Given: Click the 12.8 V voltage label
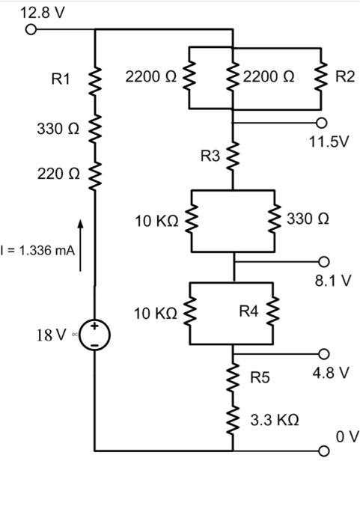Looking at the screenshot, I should pos(43,13).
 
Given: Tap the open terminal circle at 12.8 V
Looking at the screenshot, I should pos(31,31).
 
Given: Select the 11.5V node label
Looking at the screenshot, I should pos(329,140).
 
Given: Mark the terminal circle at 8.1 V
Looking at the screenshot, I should pos(323,262).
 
